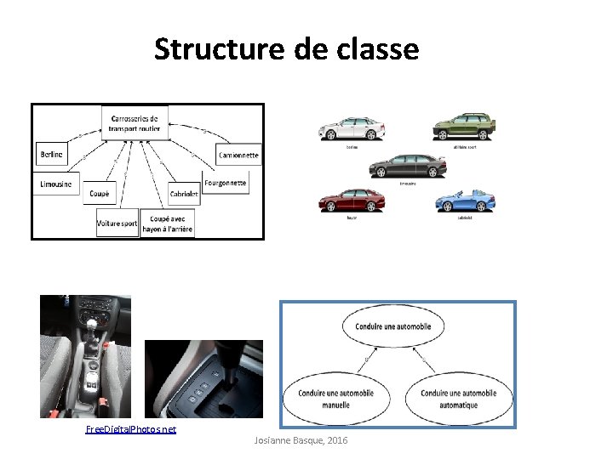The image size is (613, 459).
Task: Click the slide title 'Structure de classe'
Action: pyautogui.click(x=286, y=49)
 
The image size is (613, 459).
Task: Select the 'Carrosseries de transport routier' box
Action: pyautogui.click(x=135, y=122)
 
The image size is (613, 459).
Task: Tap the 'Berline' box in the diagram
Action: pyautogui.click(x=53, y=155)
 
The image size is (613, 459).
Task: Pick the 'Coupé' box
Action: pyautogui.click(x=99, y=194)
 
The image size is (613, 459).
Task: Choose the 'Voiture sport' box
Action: pyautogui.click(x=117, y=224)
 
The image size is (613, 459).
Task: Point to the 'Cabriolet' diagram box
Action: pyautogui.click(x=183, y=194)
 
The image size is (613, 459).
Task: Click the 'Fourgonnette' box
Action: pyautogui.click(x=225, y=182)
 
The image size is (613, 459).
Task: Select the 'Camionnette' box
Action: pyautogui.click(x=238, y=155)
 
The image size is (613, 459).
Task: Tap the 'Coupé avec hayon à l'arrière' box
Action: pyautogui.click(x=167, y=223)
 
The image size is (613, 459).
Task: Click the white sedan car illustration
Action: pyautogui.click(x=352, y=129)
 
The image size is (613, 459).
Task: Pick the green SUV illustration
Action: pyautogui.click(x=464, y=127)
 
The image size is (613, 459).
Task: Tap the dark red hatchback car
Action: pyautogui.click(x=352, y=201)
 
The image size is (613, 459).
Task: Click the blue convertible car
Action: pyautogui.click(x=464, y=201)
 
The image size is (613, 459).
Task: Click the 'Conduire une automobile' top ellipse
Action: pyautogui.click(x=392, y=326)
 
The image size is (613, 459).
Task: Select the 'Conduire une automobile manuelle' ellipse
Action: pyautogui.click(x=335, y=399)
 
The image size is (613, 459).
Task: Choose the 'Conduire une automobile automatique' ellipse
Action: pyautogui.click(x=458, y=399)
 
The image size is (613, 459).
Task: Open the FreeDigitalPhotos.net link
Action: pyautogui.click(x=131, y=429)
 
